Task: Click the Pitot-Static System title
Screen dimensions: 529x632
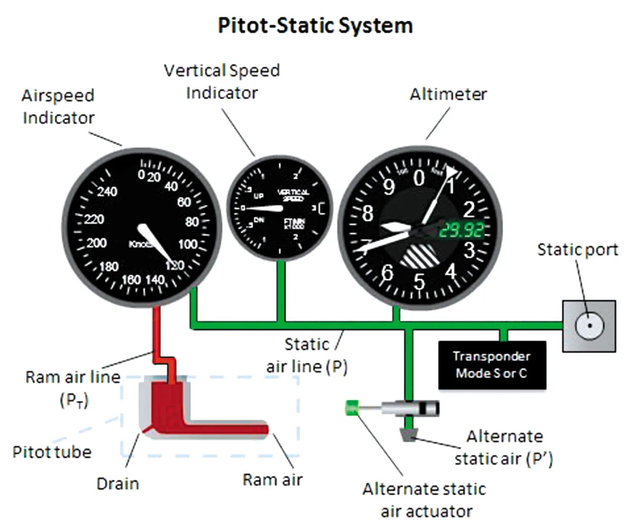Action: coord(315,26)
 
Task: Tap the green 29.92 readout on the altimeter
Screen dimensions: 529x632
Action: coord(461,230)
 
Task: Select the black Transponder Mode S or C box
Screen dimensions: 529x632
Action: coord(492,365)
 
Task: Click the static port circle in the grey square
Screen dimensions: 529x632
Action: coord(589,326)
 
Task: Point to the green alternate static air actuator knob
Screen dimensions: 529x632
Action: coord(351,408)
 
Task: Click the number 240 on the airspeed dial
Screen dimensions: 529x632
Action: coord(107,192)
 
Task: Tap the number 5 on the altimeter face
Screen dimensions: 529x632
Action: coord(419,281)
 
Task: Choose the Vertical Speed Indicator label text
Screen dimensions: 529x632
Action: coord(222,82)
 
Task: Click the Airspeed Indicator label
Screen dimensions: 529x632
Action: coord(58,107)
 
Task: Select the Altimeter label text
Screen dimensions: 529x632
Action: coord(448,94)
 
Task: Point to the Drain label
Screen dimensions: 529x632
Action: coord(118,484)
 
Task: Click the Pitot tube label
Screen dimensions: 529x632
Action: coord(52,452)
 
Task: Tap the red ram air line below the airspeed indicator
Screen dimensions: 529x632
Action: coord(156,333)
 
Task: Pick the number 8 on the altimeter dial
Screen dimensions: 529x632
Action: coord(367,214)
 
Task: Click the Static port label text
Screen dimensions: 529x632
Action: coord(578,250)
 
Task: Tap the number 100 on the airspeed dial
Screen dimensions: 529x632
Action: coord(187,244)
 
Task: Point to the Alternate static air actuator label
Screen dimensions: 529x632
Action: coord(425,500)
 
